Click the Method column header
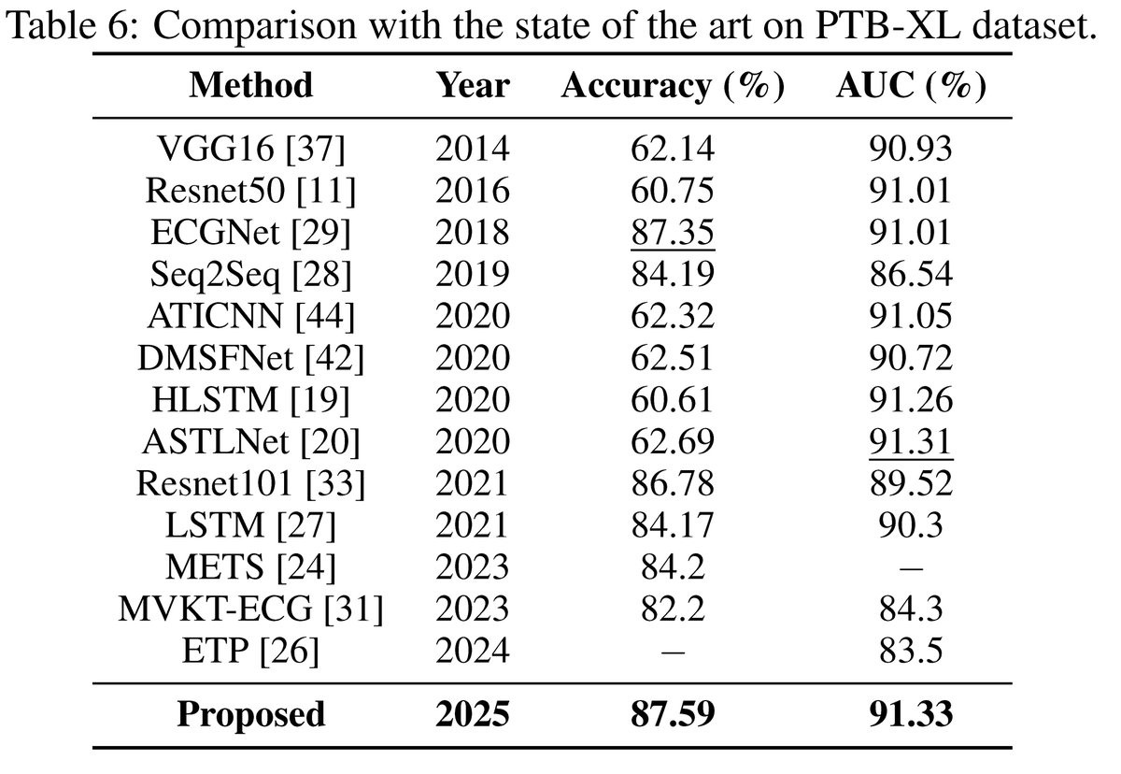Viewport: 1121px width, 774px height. pyautogui.click(x=250, y=85)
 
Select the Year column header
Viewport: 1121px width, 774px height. pyautogui.click(x=473, y=85)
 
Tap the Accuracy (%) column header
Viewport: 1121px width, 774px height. pyautogui.click(x=672, y=85)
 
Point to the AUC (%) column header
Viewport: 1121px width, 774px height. pyautogui.click(x=911, y=85)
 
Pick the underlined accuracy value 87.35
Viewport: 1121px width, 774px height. pyautogui.click(x=672, y=232)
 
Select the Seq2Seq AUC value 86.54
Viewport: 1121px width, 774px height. pyautogui.click(x=911, y=273)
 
